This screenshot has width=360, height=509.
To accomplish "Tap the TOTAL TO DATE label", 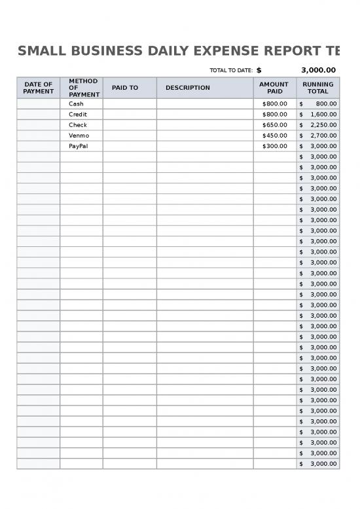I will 230,71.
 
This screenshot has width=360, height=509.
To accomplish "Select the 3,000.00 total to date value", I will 318,71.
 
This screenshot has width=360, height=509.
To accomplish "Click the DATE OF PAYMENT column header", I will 38,88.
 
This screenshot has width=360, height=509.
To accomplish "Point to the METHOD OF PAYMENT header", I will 82,88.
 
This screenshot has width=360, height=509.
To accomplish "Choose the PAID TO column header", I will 125,88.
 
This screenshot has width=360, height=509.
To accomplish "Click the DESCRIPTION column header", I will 188,88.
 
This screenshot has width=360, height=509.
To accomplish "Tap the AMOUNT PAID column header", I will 274,88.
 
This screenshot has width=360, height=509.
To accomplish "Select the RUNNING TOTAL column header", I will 317,88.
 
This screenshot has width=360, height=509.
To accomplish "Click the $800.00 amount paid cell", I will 274,104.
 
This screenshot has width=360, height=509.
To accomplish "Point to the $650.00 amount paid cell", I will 274,124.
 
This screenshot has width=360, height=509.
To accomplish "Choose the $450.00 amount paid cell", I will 274,136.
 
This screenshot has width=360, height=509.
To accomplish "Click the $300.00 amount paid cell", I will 274,146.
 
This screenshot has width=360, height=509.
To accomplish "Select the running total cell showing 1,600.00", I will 318,114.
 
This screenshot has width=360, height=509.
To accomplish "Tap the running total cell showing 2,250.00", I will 318,124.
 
